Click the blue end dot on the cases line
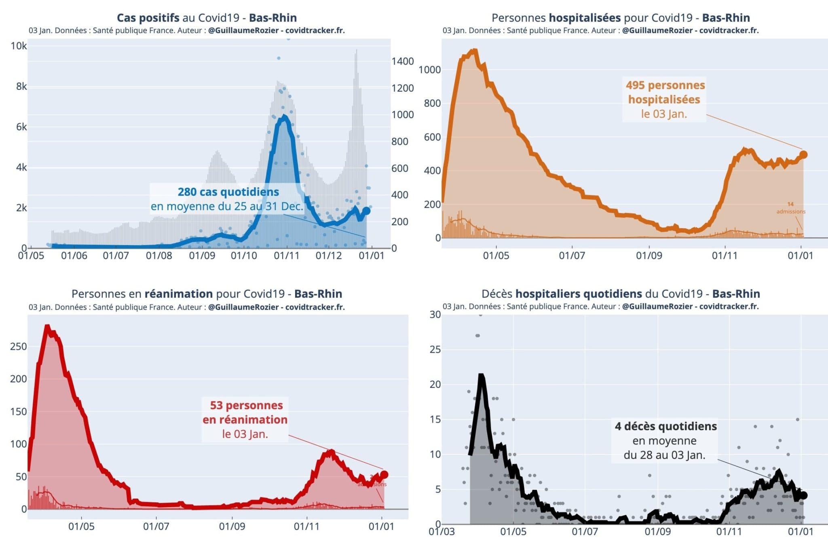coord(366,211)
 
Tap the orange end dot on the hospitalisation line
coord(803,154)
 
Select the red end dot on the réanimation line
coord(384,475)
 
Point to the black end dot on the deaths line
coord(803,495)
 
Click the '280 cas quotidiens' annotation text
coord(228,192)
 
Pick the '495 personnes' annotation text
coord(665,85)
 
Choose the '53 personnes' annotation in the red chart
coord(246,405)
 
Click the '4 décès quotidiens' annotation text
coord(665,426)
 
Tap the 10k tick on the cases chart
coord(19,46)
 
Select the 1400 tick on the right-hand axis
coord(402,61)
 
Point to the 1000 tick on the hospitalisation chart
coord(429,70)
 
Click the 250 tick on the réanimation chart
coord(18,347)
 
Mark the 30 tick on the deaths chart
coord(435,315)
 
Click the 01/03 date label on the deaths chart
coord(441,531)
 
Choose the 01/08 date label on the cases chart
coord(159,256)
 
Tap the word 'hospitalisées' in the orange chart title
coord(584,18)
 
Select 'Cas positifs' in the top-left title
coord(148,18)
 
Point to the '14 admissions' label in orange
coord(790,208)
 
